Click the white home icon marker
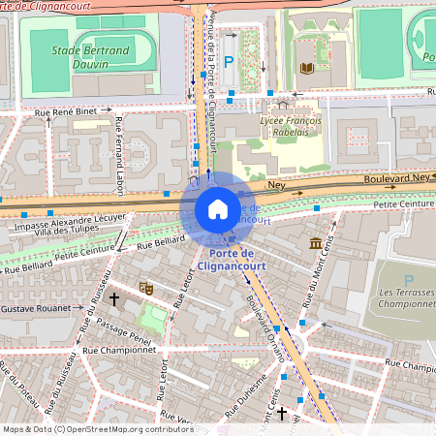tap(218, 209)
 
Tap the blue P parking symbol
tap(230, 62)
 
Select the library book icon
tap(307, 68)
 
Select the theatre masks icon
tap(147, 288)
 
